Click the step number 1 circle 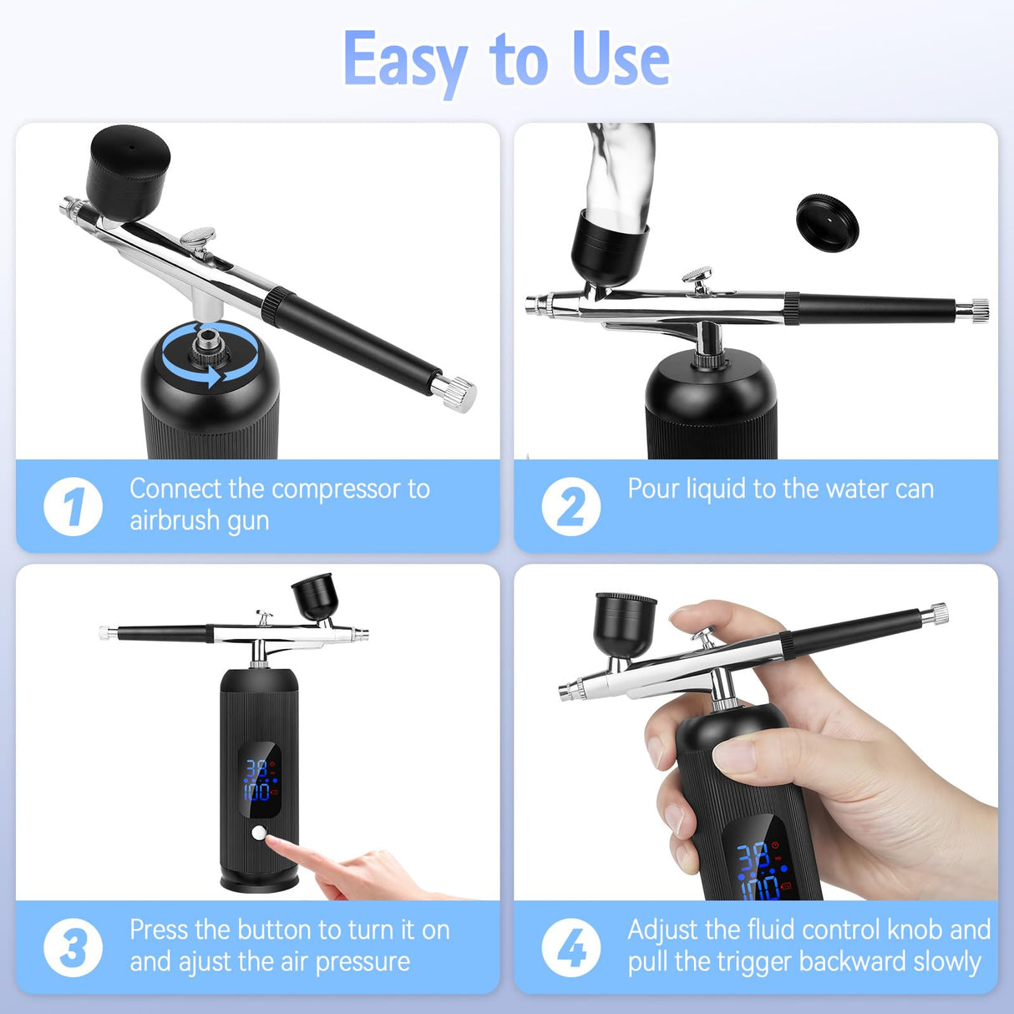tap(73, 506)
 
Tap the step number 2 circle tap(570, 506)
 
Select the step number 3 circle tap(73, 947)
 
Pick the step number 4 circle tap(570, 947)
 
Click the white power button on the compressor tap(259, 832)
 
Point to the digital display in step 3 tap(259, 779)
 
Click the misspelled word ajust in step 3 tap(204, 961)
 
